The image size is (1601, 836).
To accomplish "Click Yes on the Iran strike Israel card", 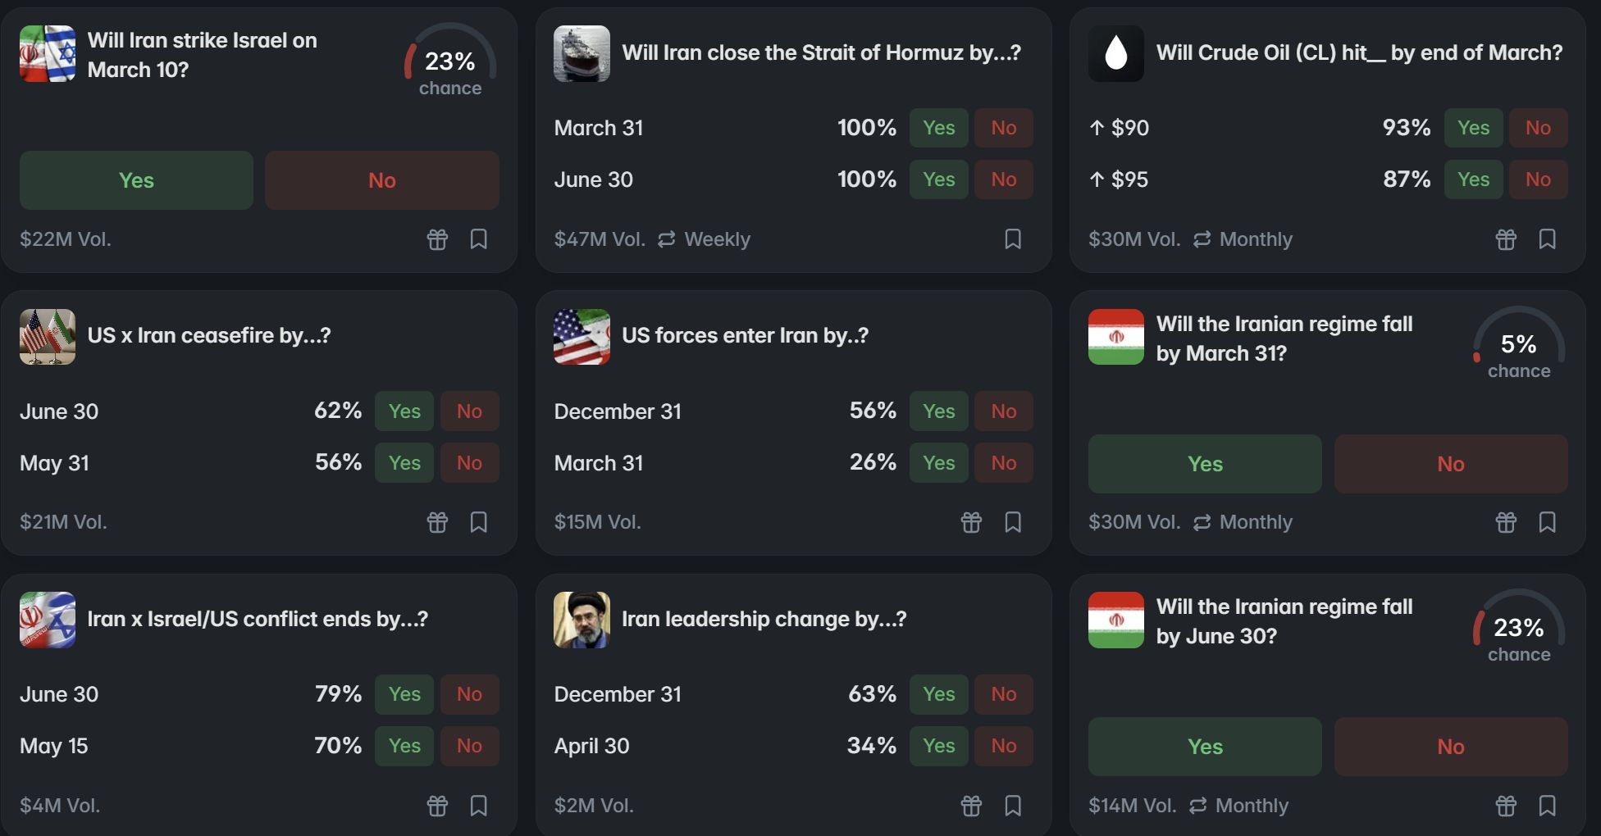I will [x=136, y=180].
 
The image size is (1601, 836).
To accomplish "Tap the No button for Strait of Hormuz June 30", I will [x=1003, y=179].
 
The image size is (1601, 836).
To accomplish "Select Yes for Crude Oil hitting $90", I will [x=1473, y=128].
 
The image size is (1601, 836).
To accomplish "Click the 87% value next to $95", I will [x=1406, y=179].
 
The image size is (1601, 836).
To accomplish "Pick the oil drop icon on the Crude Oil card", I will [x=1115, y=53].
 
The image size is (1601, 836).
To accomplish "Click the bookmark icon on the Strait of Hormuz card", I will [x=1013, y=239].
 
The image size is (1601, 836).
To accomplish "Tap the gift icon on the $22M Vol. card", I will [x=437, y=239].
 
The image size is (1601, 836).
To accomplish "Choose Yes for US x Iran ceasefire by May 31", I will [x=404, y=463].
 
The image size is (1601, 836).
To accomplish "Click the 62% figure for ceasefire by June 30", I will [x=338, y=411].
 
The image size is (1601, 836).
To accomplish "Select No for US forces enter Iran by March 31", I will [x=1003, y=463].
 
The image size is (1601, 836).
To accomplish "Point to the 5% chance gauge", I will [x=1518, y=345].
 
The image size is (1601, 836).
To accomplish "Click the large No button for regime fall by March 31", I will [x=1450, y=464].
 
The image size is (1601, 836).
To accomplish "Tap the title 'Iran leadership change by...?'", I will [x=764, y=619].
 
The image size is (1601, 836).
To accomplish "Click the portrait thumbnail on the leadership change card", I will [x=582, y=620].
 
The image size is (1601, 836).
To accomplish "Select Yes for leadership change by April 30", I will [x=938, y=746].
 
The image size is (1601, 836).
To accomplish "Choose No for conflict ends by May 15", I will [x=469, y=746].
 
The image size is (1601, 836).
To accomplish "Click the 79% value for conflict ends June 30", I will [x=338, y=694].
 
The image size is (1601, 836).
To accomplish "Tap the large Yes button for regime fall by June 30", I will [x=1204, y=747].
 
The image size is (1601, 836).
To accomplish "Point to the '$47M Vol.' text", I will [x=600, y=239].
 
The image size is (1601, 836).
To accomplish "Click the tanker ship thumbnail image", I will [x=582, y=53].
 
